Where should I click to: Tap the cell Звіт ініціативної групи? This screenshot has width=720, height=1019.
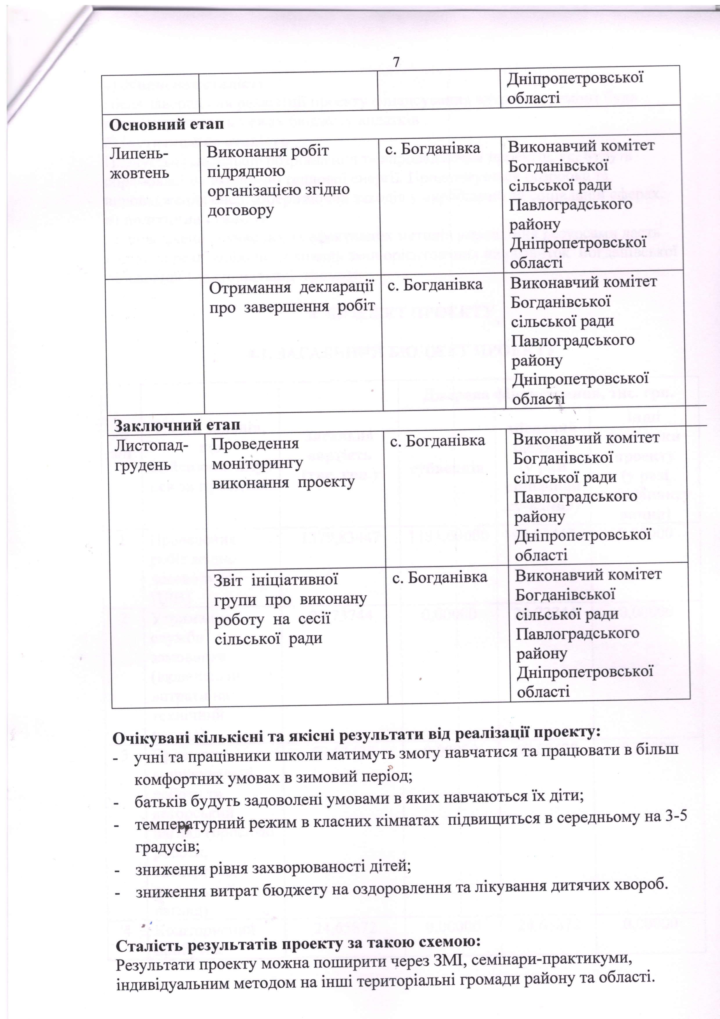tap(291, 609)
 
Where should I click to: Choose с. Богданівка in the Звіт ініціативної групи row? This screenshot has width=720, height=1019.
tap(439, 577)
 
